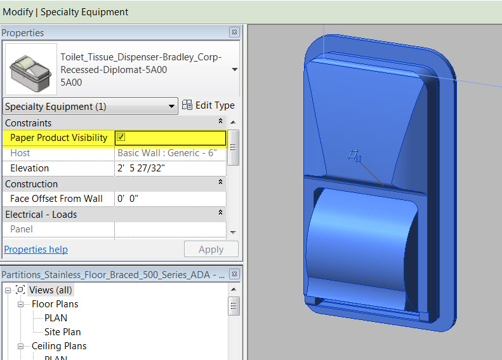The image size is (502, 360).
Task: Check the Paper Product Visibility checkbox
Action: click(x=121, y=137)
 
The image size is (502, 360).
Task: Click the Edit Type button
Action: click(x=208, y=105)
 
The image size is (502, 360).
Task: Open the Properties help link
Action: click(x=36, y=250)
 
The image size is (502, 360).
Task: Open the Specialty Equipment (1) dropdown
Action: click(x=90, y=107)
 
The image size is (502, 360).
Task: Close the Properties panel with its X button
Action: click(x=234, y=32)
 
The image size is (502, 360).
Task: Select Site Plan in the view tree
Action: click(x=62, y=332)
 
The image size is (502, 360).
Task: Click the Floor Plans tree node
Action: click(x=55, y=304)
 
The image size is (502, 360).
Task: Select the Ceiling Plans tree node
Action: click(x=59, y=346)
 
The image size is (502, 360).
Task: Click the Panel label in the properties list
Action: click(x=22, y=229)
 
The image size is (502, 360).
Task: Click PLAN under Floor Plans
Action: click(x=56, y=318)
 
